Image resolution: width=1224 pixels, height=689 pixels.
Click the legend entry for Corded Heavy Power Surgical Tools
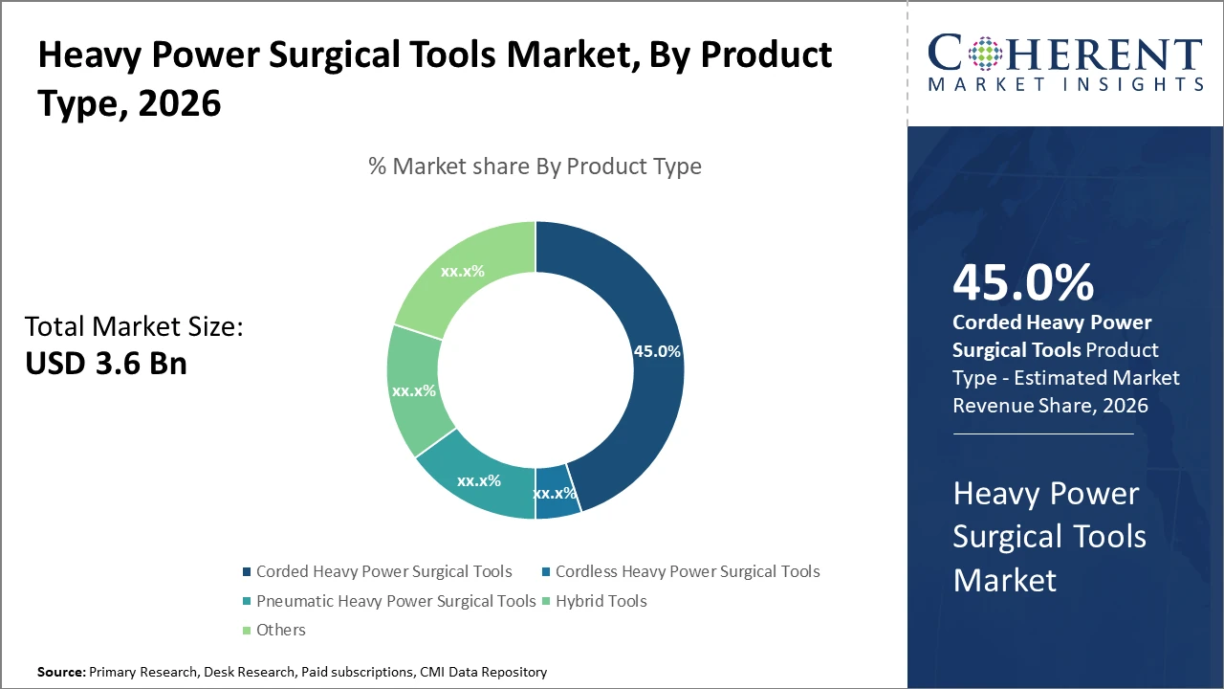click(x=383, y=571)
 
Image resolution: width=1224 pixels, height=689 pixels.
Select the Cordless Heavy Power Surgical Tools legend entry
click(x=687, y=571)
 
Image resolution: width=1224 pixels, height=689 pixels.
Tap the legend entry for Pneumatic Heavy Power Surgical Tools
click(x=395, y=601)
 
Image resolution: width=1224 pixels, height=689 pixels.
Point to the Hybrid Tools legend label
click(x=601, y=601)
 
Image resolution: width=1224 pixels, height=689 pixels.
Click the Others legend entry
click(x=280, y=630)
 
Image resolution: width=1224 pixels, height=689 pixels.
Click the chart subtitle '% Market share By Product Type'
click(x=535, y=167)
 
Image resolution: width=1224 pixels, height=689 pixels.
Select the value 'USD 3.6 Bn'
click(x=106, y=364)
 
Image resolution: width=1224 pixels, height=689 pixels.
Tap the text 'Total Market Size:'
click(x=134, y=327)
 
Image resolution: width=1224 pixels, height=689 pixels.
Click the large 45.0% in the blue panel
click(x=1022, y=282)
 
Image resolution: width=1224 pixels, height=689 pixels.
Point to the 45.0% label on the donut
click(x=657, y=351)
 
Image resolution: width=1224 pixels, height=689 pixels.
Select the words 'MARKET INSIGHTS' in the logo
click(x=1064, y=85)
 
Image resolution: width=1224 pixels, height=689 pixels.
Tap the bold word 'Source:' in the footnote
click(x=61, y=673)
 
